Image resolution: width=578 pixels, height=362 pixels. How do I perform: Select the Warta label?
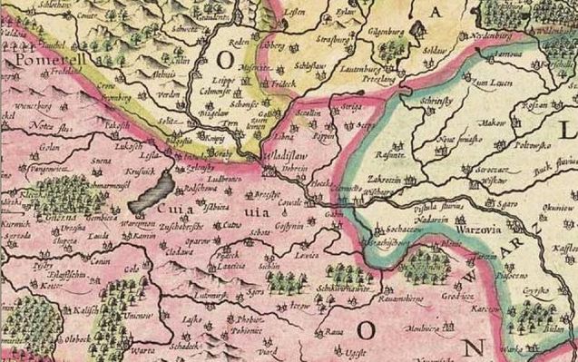142,349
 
